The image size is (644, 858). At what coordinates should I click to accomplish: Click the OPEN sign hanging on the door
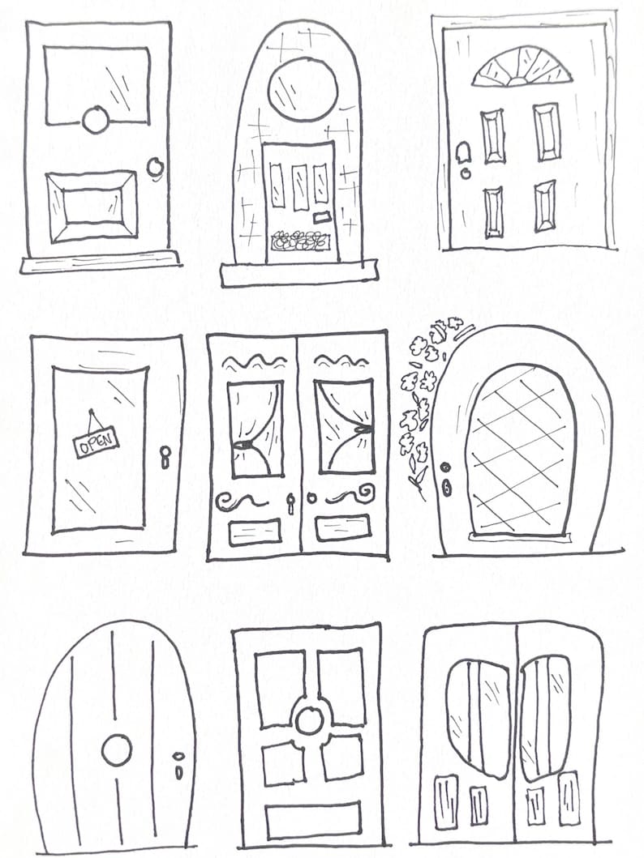96,442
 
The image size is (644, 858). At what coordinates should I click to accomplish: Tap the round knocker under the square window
96,120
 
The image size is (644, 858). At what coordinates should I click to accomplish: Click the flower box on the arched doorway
301,240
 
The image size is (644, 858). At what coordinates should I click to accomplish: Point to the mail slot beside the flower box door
322,217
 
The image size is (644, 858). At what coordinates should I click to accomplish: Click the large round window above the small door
303,89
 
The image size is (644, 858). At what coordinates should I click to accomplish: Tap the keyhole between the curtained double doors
290,505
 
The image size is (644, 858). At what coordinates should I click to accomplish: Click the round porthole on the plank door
116,750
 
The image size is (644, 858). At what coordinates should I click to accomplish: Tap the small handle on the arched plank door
178,765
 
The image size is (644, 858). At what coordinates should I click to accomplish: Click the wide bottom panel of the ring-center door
313,820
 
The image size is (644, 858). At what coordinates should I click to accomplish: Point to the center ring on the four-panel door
309,719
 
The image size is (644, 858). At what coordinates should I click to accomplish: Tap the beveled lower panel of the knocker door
92,207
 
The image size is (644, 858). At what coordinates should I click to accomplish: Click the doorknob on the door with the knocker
154,167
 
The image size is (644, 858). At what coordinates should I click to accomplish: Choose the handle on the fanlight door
463,156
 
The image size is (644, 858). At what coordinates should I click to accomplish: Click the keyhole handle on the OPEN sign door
165,457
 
